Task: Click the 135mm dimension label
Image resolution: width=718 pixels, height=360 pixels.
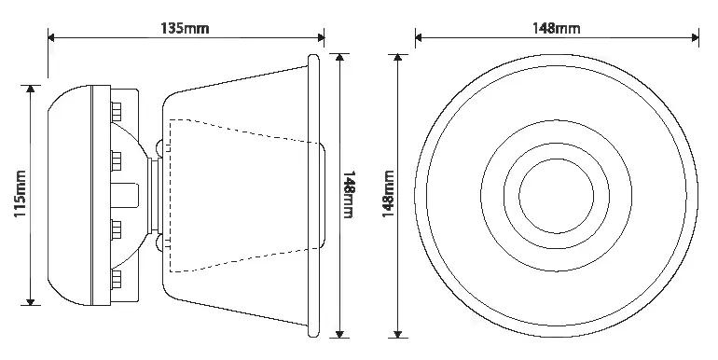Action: [185, 28]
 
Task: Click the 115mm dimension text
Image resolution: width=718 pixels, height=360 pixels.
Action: [21, 194]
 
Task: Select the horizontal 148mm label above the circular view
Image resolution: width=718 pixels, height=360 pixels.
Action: [556, 28]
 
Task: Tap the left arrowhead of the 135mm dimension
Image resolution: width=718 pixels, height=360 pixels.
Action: [51, 37]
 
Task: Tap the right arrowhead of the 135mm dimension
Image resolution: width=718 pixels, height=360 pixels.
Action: [321, 37]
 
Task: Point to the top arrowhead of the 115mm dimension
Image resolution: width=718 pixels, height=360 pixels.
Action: [30, 89]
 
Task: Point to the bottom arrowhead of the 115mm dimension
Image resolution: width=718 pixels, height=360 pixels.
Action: [30, 301]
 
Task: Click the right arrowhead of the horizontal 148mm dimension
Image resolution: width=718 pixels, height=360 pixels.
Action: [695, 37]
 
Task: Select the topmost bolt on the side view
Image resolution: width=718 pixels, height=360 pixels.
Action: [116, 110]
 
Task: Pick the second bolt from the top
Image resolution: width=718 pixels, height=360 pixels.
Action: [116, 159]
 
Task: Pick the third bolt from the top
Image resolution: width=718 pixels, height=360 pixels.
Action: [116, 228]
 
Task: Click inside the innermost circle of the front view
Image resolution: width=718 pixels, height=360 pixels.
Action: [557, 196]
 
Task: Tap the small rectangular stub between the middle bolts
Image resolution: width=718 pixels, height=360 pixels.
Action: [125, 194]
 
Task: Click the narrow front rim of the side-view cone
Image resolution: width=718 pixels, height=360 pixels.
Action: [313, 196]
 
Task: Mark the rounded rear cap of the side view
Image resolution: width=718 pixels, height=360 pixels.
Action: [70, 195]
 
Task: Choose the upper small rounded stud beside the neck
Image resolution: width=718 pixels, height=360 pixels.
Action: [159, 148]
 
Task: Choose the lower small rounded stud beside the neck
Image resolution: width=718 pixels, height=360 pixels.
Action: [159, 243]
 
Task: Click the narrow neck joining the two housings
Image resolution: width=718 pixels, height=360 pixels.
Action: [155, 196]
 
